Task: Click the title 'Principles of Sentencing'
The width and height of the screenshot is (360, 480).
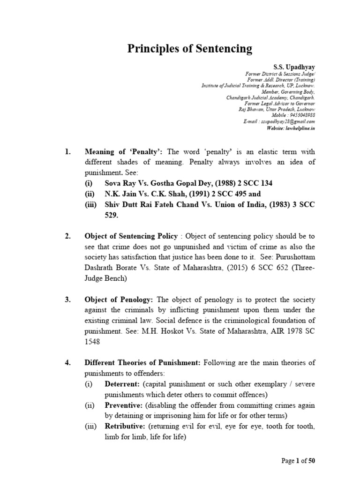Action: [190, 49]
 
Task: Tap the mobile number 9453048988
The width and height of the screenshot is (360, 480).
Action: [300, 115]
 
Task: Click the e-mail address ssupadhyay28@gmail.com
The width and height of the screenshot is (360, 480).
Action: [286, 121]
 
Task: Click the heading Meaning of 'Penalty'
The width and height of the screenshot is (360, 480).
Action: [124, 151]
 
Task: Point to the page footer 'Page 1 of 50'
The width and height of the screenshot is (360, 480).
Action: [298, 461]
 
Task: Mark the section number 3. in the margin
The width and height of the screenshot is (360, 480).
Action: [67, 300]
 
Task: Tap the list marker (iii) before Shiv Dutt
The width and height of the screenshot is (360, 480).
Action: [91, 204]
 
